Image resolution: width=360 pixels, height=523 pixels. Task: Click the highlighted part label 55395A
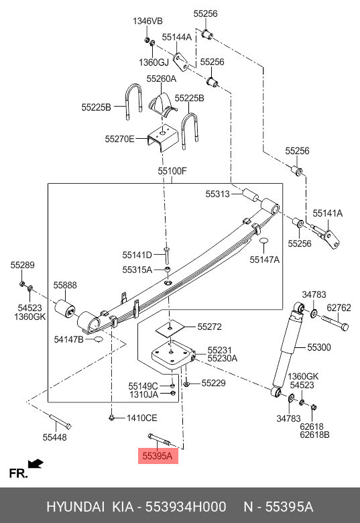[x=158, y=456]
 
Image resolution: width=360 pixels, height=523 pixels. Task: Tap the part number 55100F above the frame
[x=172, y=171]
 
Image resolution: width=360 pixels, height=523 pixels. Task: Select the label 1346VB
[x=147, y=21]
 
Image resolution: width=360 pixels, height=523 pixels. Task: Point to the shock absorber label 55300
[x=319, y=347]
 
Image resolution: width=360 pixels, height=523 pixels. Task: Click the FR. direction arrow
[x=36, y=463]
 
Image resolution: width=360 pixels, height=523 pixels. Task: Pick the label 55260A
[x=162, y=78]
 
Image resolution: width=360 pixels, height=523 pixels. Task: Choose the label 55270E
[x=120, y=139]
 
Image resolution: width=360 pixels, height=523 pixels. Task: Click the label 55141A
[x=327, y=213]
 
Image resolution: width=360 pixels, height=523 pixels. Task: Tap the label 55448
[x=54, y=437]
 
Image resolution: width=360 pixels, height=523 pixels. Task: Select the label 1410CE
[x=141, y=418]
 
